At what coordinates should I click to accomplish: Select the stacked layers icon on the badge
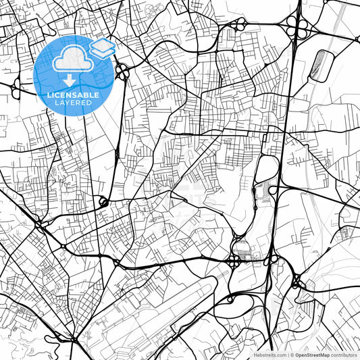(102, 48)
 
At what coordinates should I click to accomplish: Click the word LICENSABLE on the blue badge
(74, 95)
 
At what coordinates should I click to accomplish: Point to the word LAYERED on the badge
(74, 104)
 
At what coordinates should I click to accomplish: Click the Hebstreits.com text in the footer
(267, 354)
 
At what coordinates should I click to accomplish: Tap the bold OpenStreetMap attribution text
(313, 354)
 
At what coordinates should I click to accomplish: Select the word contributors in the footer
(344, 354)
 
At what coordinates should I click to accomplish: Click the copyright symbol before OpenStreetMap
(292, 354)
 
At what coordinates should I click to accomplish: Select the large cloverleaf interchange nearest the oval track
(295, 28)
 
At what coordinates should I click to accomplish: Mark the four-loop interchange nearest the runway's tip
(234, 260)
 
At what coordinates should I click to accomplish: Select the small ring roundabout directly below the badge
(103, 201)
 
